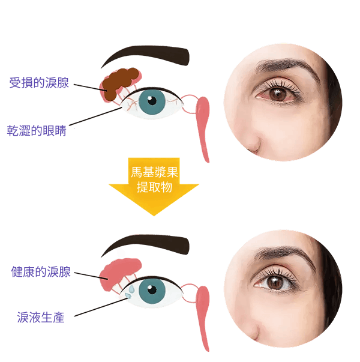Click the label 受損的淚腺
39,82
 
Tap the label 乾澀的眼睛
37,130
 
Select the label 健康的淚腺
41,271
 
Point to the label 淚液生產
41,317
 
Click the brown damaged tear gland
119,83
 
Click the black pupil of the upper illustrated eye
152,101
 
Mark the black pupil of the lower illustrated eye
152,289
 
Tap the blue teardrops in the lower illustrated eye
130,292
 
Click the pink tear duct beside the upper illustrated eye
203,128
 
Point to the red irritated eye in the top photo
277,94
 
